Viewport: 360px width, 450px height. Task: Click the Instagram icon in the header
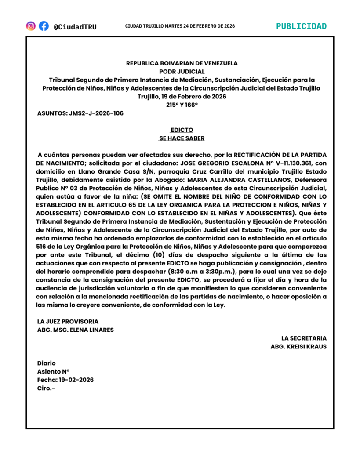[31, 26]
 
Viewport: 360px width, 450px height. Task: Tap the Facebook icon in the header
[44, 26]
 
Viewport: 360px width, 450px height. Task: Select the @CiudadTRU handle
[75, 27]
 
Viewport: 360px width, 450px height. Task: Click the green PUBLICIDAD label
[301, 26]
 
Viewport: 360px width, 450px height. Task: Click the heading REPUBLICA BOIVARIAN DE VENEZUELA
[182, 63]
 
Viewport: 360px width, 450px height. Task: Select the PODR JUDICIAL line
[182, 72]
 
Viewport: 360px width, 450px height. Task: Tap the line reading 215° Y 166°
[182, 105]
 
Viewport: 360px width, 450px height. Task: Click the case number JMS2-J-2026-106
[96, 113]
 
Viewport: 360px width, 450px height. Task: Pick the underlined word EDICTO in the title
[182, 130]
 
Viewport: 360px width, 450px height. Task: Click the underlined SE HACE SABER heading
[182, 138]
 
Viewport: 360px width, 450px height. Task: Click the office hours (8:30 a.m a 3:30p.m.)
[199, 272]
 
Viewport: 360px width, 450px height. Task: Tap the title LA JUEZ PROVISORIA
[68, 322]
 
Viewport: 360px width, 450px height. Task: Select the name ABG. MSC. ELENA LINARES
[76, 330]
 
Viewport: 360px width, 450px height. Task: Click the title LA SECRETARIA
[304, 338]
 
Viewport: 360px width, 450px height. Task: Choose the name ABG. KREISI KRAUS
[298, 347]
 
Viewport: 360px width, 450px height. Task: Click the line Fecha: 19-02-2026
[65, 380]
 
